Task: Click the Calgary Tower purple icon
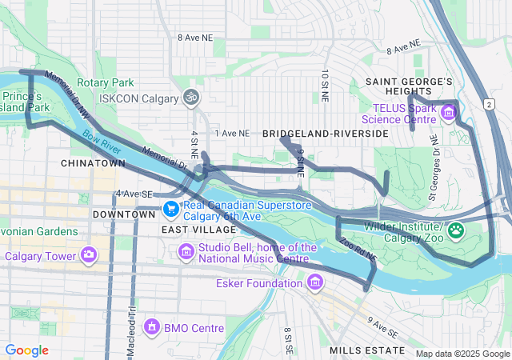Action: point(89,256)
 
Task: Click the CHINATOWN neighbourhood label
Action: point(93,163)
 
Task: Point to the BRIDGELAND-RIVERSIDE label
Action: point(325,134)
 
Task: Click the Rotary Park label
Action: point(111,83)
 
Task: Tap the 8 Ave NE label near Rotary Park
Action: point(196,38)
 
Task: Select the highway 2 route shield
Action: point(487,103)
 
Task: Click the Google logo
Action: point(27,350)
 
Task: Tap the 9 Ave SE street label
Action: point(382,326)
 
